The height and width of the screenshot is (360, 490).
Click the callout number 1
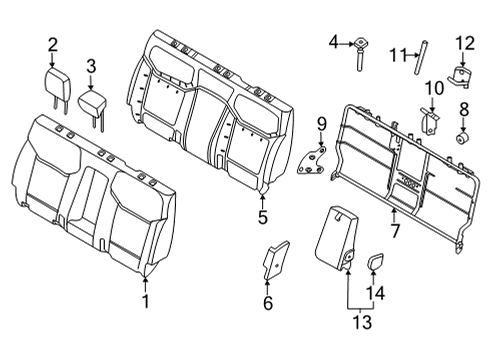(146, 301)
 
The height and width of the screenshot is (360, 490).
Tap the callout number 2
(52, 43)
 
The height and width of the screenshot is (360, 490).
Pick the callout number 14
(376, 294)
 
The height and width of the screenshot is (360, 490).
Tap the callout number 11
(396, 54)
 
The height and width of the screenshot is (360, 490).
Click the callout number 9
(321, 124)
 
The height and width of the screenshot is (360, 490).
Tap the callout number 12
(463, 42)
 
